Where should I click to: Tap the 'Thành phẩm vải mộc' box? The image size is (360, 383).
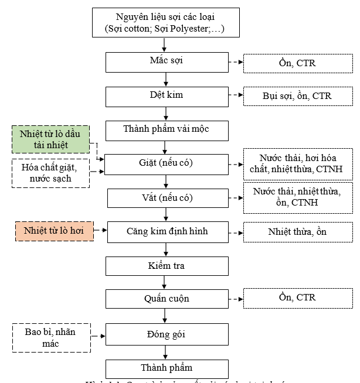[167, 129]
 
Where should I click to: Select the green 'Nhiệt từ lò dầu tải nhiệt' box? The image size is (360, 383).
[52, 139]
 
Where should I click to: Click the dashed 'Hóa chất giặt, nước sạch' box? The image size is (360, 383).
[52, 173]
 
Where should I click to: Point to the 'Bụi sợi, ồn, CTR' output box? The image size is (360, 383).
[297, 96]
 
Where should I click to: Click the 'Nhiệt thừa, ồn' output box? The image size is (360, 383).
[297, 232]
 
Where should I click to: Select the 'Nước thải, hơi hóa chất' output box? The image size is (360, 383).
[297, 164]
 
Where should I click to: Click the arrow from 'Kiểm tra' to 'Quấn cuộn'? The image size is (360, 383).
[166, 283]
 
